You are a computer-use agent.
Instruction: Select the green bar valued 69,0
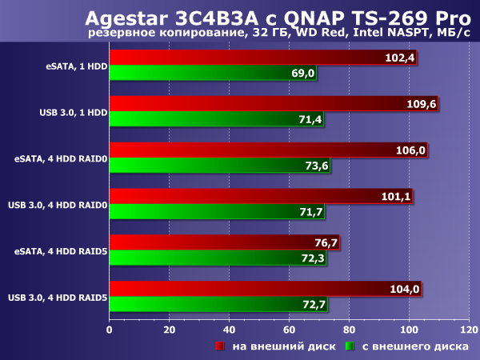pyautogui.click(x=208, y=74)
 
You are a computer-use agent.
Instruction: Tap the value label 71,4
pyautogui.click(x=309, y=120)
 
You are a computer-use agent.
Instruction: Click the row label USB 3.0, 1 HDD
pyautogui.click(x=73, y=112)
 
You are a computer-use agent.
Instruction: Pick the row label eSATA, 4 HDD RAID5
pyautogui.click(x=60, y=251)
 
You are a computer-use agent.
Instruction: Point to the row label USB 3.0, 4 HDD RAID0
pyautogui.click(x=57, y=205)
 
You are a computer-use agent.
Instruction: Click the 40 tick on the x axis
pyautogui.click(x=229, y=329)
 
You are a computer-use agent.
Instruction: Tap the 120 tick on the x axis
pyautogui.click(x=469, y=329)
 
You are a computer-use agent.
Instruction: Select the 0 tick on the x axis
pyautogui.click(x=109, y=329)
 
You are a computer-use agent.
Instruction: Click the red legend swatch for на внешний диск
pyautogui.click(x=219, y=346)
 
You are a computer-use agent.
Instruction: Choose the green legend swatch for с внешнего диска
pyautogui.click(x=349, y=346)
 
